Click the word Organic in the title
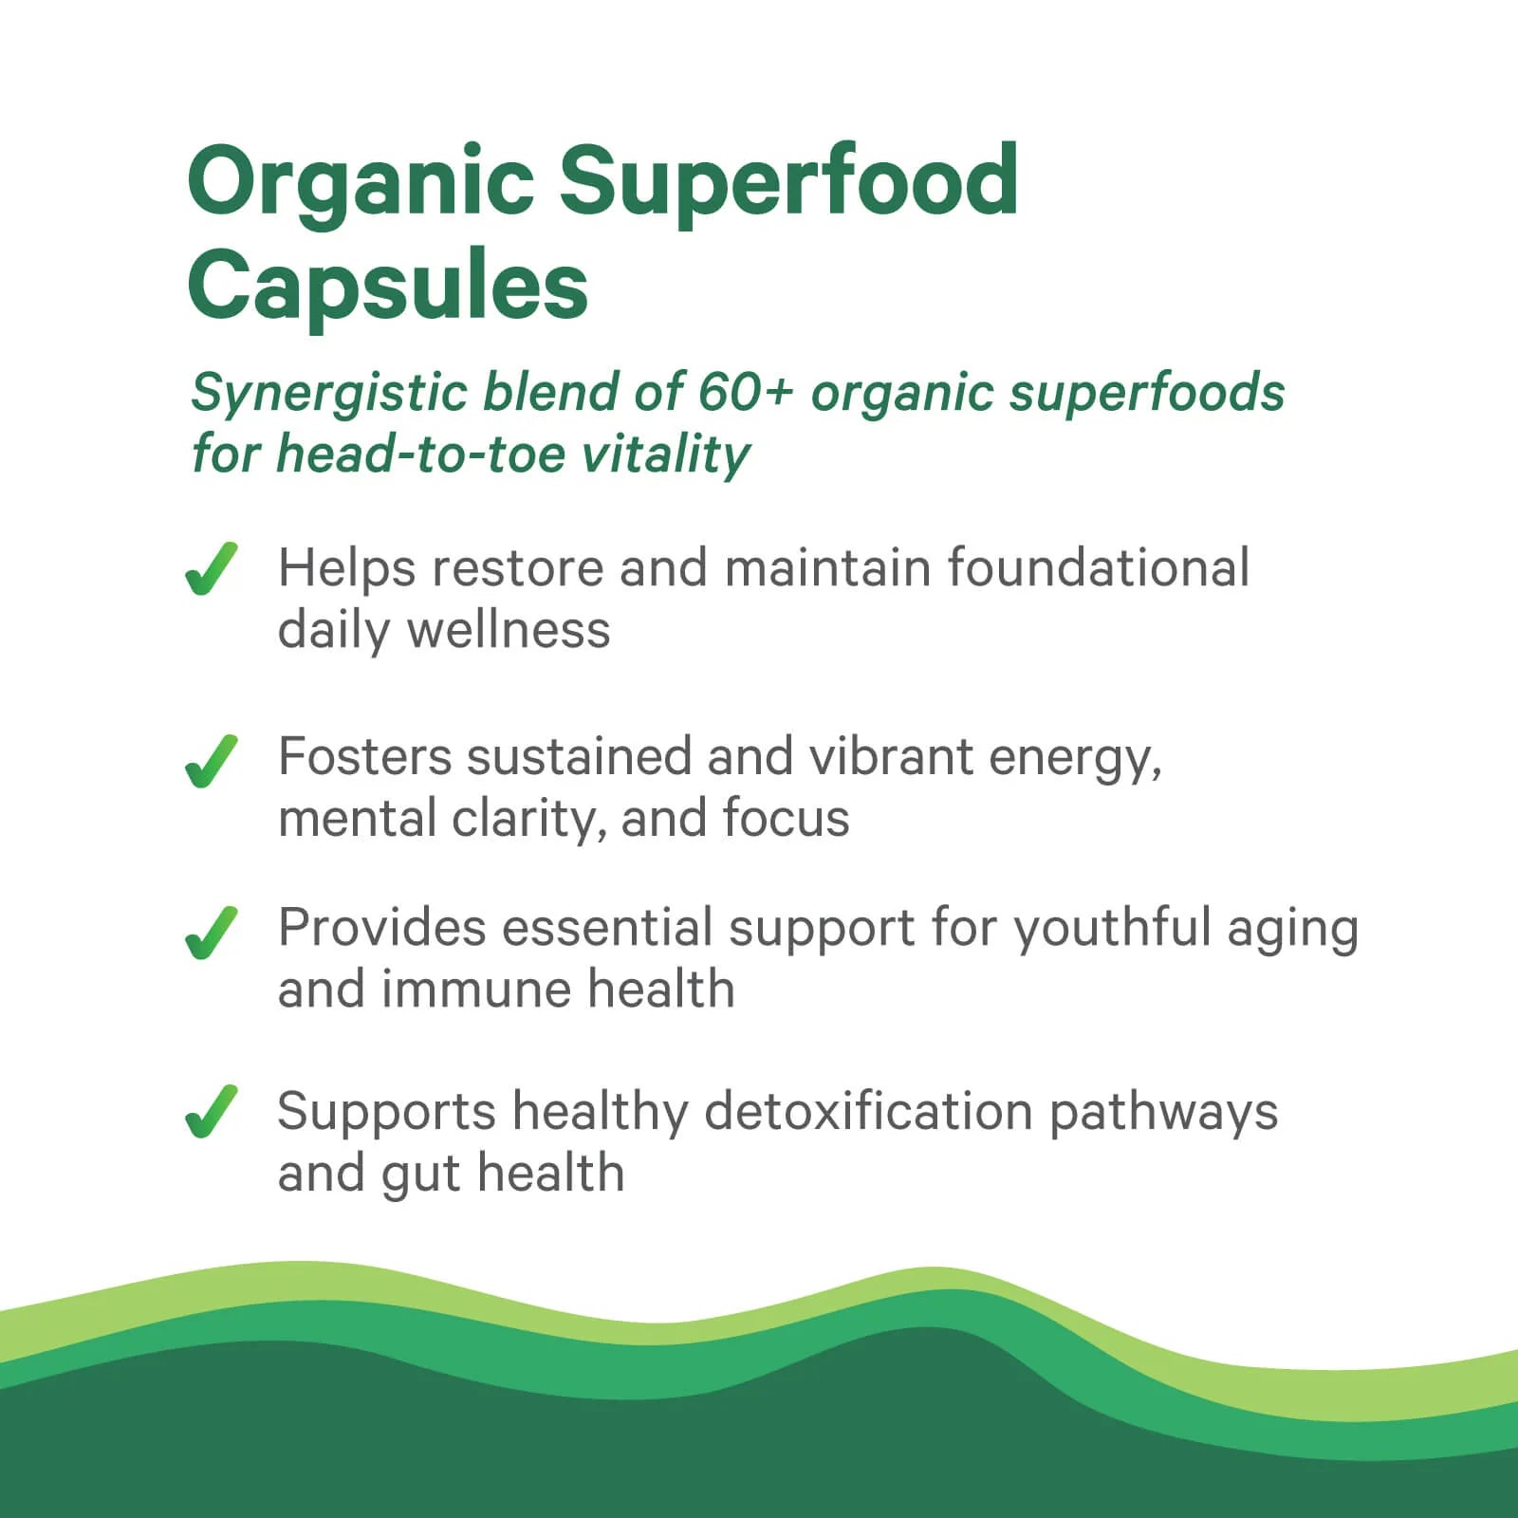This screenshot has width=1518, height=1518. pos(361,182)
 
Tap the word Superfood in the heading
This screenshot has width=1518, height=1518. pos(788,182)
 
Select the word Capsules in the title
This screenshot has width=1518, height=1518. pos(388,286)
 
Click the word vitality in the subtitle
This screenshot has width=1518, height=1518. pos(665,454)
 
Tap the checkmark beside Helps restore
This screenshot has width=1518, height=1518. pos(211,569)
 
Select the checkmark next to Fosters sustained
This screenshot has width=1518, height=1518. pos(211,761)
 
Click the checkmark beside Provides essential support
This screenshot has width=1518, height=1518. pos(211,933)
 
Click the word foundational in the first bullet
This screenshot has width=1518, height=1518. pos(1098,568)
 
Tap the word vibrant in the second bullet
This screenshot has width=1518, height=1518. pos(891,757)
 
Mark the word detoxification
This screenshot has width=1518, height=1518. pos(868,1111)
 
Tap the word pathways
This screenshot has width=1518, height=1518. pos(1163,1113)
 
